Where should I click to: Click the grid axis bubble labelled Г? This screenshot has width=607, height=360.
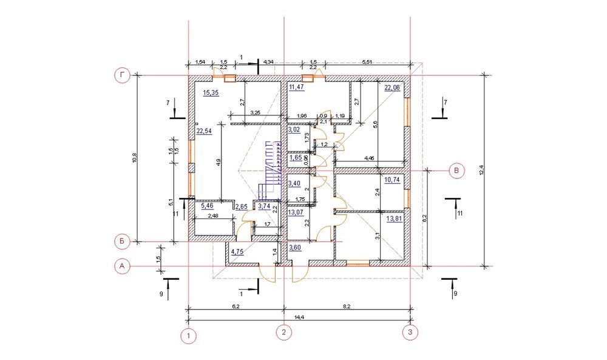(x=123, y=75)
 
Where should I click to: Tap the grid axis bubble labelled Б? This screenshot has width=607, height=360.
(x=122, y=242)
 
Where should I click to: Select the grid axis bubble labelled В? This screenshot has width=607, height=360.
(x=457, y=171)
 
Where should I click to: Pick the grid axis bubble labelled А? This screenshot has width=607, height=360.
(x=122, y=267)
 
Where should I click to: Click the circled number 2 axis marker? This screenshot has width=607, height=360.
(x=283, y=332)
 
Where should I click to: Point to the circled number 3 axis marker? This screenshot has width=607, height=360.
(x=410, y=332)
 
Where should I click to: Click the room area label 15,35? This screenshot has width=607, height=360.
(x=211, y=92)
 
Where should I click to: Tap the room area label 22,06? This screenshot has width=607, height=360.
(x=392, y=87)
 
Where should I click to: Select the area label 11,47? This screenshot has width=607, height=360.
(x=297, y=87)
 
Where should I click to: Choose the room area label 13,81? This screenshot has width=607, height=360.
(x=394, y=219)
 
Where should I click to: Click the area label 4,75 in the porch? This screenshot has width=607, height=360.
(x=237, y=251)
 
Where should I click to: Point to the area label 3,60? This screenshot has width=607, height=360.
(x=295, y=248)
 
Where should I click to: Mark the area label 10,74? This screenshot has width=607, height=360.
(x=392, y=180)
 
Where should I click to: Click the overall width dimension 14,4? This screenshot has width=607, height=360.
(x=299, y=318)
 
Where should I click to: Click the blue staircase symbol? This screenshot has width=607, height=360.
(x=270, y=171)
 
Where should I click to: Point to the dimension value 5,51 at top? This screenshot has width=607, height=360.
(x=367, y=62)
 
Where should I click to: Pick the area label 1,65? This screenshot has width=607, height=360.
(x=296, y=157)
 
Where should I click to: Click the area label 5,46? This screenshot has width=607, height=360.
(x=207, y=206)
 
